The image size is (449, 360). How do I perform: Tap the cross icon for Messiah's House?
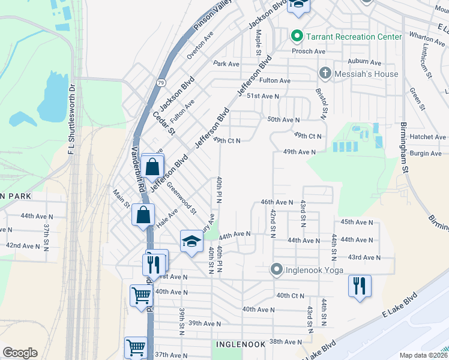(x=325, y=74)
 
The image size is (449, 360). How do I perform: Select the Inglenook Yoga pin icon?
(x=276, y=269)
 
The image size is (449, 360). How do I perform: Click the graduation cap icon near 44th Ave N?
(x=191, y=241)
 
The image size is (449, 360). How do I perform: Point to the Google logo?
(x=20, y=352)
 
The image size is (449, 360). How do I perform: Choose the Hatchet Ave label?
(x=427, y=137)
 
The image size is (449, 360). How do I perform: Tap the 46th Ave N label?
(x=276, y=203)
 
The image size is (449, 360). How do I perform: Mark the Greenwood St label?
(x=181, y=198)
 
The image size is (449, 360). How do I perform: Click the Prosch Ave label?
(x=309, y=52)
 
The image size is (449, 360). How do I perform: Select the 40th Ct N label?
(x=292, y=296)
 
